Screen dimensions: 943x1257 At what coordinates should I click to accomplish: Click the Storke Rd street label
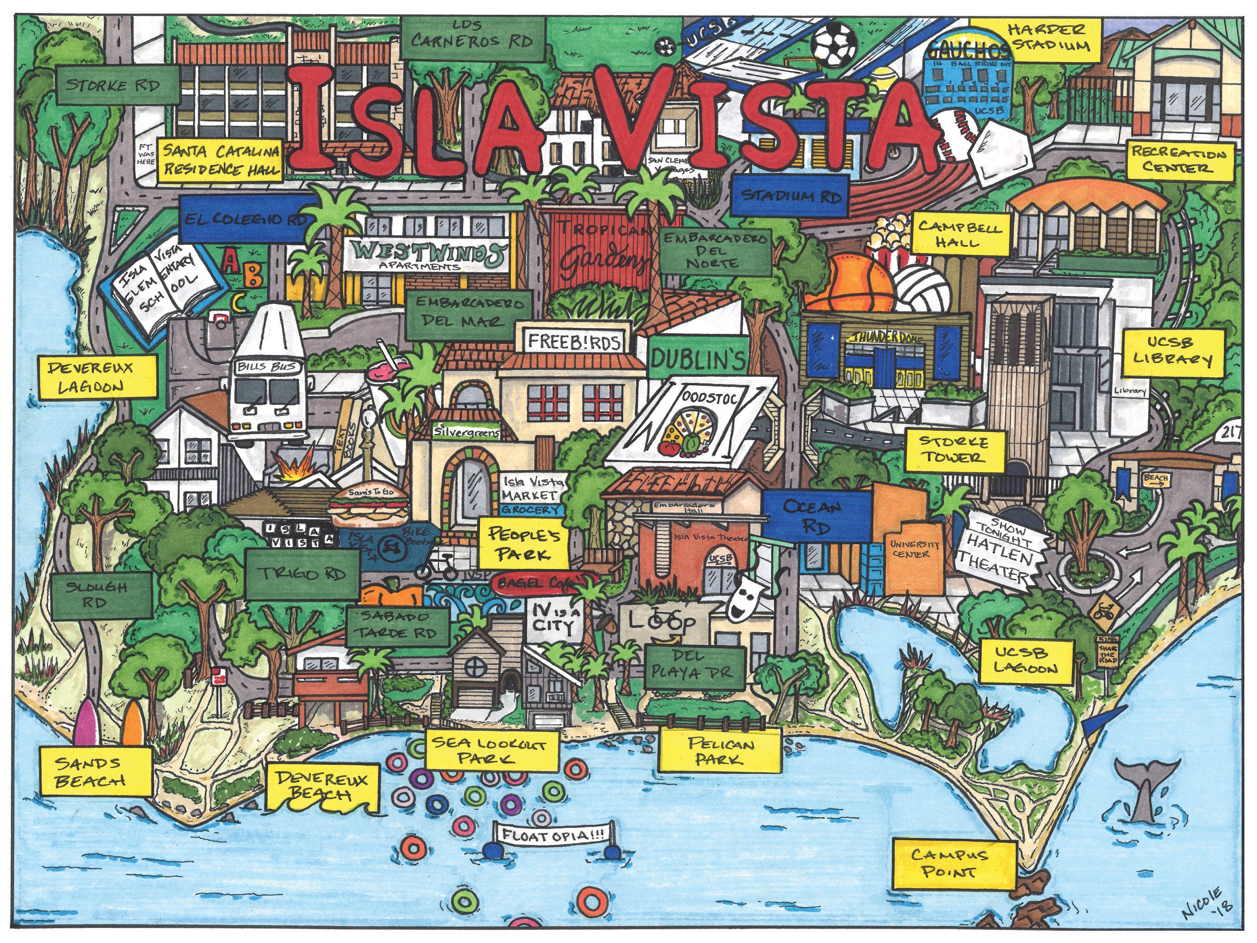tap(117, 85)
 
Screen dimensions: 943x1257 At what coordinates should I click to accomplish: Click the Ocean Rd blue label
tap(817, 516)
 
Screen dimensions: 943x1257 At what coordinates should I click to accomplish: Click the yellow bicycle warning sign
tap(1104, 612)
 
